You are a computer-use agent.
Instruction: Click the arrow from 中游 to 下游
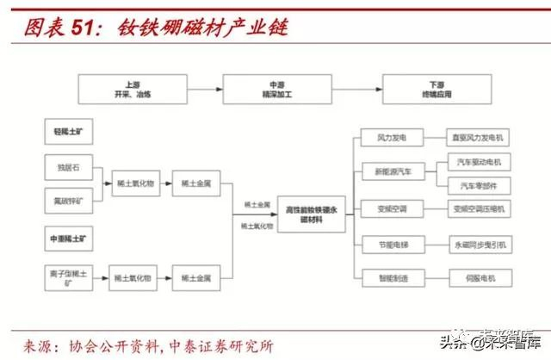pos(351,90)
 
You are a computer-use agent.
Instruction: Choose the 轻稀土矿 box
pos(69,132)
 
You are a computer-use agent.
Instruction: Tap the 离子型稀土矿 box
pos(69,278)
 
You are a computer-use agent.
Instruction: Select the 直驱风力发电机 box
pos(480,138)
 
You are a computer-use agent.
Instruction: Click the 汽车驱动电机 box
pos(480,162)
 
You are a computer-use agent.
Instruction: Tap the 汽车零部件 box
pos(480,185)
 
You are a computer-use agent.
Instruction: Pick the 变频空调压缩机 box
pos(480,208)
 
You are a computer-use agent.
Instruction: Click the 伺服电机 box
pos(480,278)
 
